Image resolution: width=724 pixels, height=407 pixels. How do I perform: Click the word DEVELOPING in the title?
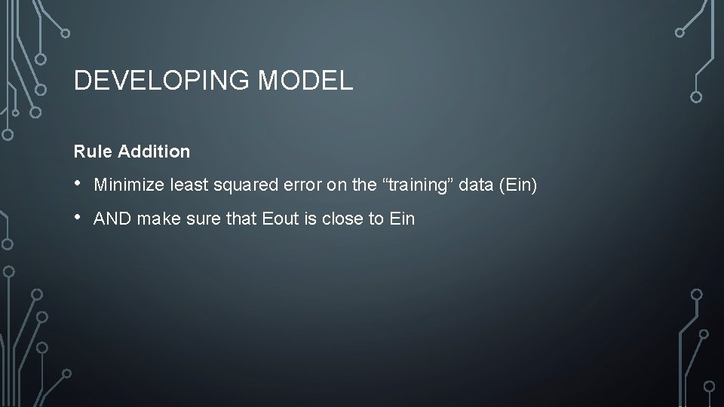(x=162, y=81)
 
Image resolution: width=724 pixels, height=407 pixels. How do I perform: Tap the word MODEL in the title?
(x=305, y=81)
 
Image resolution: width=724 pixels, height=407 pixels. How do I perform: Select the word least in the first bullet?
(x=189, y=185)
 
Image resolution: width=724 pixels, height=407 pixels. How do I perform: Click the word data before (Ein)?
(x=474, y=185)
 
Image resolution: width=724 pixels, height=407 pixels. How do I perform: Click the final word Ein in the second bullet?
(x=402, y=219)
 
